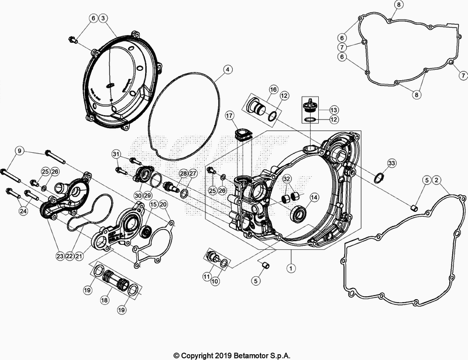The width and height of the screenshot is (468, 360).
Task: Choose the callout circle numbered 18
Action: pyautogui.click(x=105, y=299)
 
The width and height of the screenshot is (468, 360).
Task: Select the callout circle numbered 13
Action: pyautogui.click(x=333, y=110)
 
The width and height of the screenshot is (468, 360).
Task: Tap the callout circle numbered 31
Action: pyautogui.click(x=116, y=154)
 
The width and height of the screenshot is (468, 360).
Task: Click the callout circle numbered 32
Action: pyautogui.click(x=287, y=179)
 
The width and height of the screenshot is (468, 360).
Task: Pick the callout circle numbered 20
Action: pyautogui.click(x=163, y=204)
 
